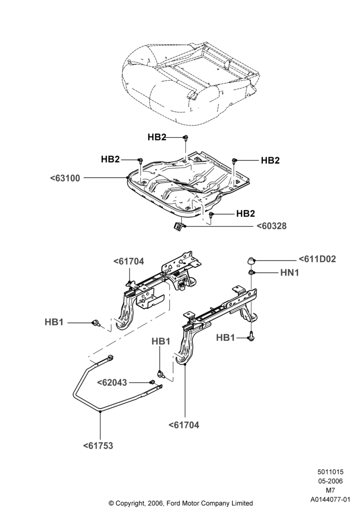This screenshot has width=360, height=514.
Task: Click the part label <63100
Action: pyautogui.click(x=65, y=178)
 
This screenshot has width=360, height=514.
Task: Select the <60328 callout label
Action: pyautogui.click(x=271, y=226)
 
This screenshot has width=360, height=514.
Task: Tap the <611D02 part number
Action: pyautogui.click(x=317, y=259)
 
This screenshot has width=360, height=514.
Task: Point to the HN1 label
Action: pyautogui.click(x=290, y=272)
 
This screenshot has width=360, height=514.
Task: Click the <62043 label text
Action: pyautogui.click(x=112, y=382)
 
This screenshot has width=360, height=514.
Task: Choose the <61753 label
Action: pyautogui.click(x=98, y=446)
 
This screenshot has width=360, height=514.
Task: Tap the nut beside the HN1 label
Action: pyautogui.click(x=251, y=272)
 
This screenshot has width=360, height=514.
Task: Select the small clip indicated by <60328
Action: pyautogui.click(x=178, y=227)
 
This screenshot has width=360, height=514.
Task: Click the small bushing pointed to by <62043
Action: pyautogui.click(x=152, y=382)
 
